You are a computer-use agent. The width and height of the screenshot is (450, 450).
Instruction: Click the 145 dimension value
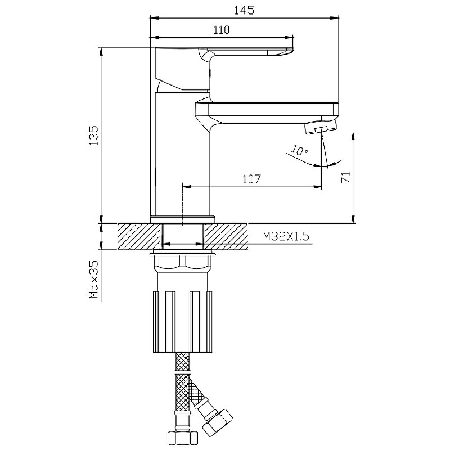click(244, 10)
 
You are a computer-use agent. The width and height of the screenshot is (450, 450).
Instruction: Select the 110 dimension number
click(221, 30)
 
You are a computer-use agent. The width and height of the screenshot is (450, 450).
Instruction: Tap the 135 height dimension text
click(94, 135)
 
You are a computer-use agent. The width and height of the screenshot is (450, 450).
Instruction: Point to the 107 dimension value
click(251, 179)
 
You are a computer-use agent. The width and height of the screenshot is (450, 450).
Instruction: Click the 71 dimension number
click(345, 177)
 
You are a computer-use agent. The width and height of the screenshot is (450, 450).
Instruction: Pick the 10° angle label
click(299, 150)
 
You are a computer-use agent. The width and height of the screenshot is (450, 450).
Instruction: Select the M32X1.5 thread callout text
click(286, 236)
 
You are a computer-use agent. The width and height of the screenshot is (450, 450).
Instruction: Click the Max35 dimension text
click(94, 279)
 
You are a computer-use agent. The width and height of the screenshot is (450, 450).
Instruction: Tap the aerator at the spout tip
click(320, 127)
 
